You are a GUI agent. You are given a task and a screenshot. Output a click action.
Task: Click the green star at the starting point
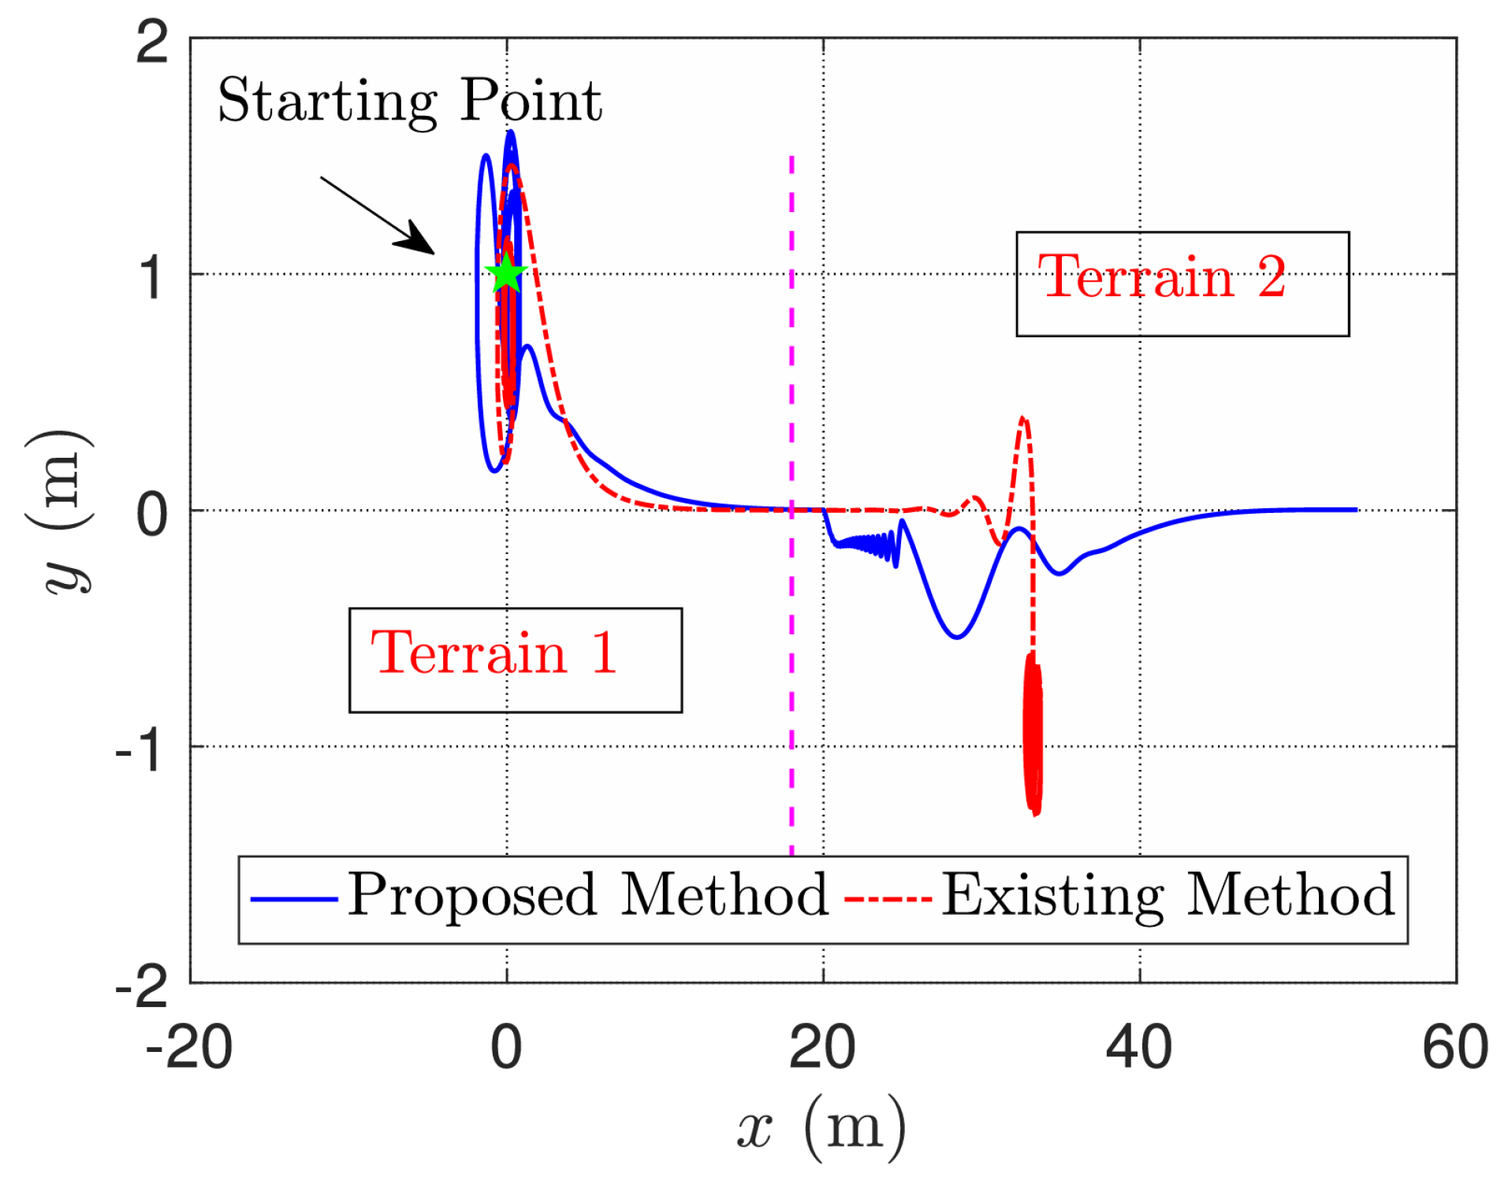[x=506, y=273]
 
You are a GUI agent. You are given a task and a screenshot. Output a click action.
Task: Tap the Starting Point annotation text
[x=409, y=101]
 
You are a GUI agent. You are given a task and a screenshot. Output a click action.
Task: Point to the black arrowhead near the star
[x=418, y=240]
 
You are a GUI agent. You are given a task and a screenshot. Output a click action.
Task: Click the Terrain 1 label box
[x=515, y=660]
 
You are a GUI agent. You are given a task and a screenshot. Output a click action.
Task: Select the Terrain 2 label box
[x=1182, y=284]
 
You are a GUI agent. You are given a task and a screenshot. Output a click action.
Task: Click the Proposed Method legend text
[x=587, y=896]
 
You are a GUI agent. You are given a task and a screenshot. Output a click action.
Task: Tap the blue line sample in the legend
[x=293, y=898]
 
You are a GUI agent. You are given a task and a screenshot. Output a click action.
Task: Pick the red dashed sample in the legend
[x=888, y=898]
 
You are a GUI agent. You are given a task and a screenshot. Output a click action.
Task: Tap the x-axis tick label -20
[x=188, y=1048]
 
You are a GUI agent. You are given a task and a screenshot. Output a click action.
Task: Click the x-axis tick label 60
[x=1454, y=1048]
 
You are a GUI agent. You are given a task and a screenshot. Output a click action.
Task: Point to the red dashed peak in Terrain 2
[x=1022, y=420]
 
